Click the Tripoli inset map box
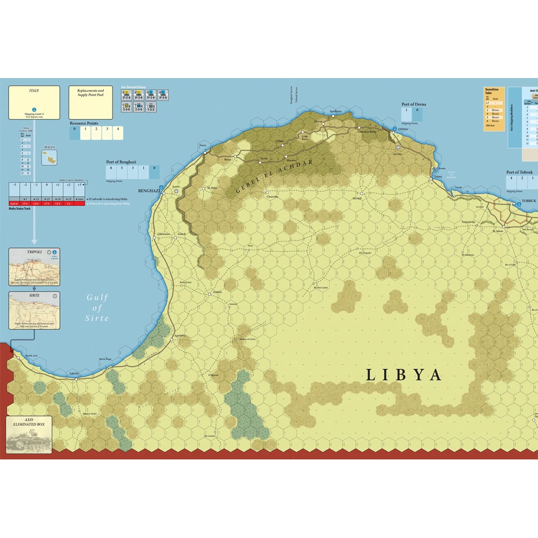click(34, 267)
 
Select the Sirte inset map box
click(34, 311)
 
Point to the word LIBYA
click(403, 375)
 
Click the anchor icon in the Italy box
click(33, 109)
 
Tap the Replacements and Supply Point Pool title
click(90, 93)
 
